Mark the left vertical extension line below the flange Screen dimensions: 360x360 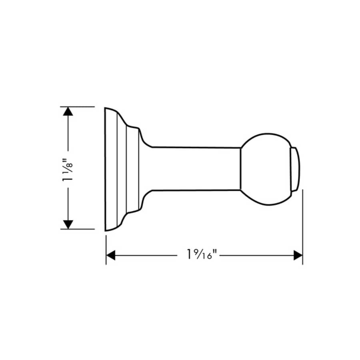[106, 250]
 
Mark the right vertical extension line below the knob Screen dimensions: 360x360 [302, 228]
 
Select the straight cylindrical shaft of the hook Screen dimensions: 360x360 [196, 168]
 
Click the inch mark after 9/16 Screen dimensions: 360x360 [216, 252]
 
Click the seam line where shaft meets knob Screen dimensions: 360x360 [241, 168]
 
